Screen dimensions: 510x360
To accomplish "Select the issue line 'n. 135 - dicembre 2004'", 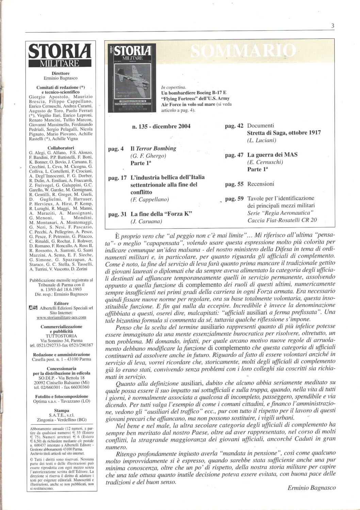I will pos(161,126).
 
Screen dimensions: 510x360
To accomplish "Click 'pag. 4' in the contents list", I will pos(116,149).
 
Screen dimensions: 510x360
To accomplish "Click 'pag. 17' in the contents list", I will pos(117,177).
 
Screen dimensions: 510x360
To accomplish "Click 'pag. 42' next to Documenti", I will pos(234,126).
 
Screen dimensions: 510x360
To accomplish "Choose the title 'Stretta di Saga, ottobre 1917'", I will pos(284,133).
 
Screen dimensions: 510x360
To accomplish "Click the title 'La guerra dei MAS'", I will pos(272,155).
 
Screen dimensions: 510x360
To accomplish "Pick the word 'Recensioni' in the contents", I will pos(260,184).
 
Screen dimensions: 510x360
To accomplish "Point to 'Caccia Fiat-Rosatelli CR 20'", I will pos(282,220).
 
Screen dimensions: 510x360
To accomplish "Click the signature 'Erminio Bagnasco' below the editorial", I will pos(311,488).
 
